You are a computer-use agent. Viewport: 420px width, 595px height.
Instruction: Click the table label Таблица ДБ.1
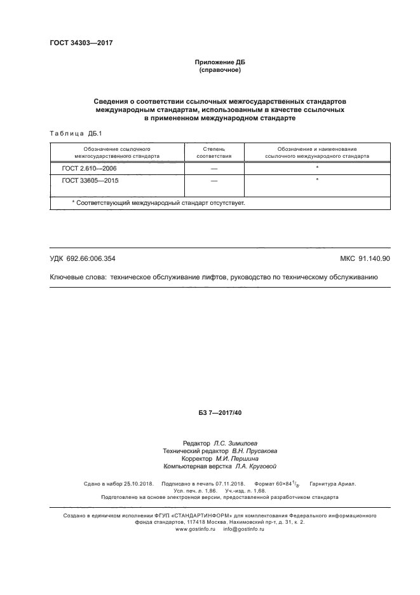click(71, 133)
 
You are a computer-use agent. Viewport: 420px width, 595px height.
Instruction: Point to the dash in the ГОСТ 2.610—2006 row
click(213, 168)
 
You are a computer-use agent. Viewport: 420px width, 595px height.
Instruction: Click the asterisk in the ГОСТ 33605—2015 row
click(316, 181)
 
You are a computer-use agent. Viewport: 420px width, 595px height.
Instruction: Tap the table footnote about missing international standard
click(158, 202)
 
